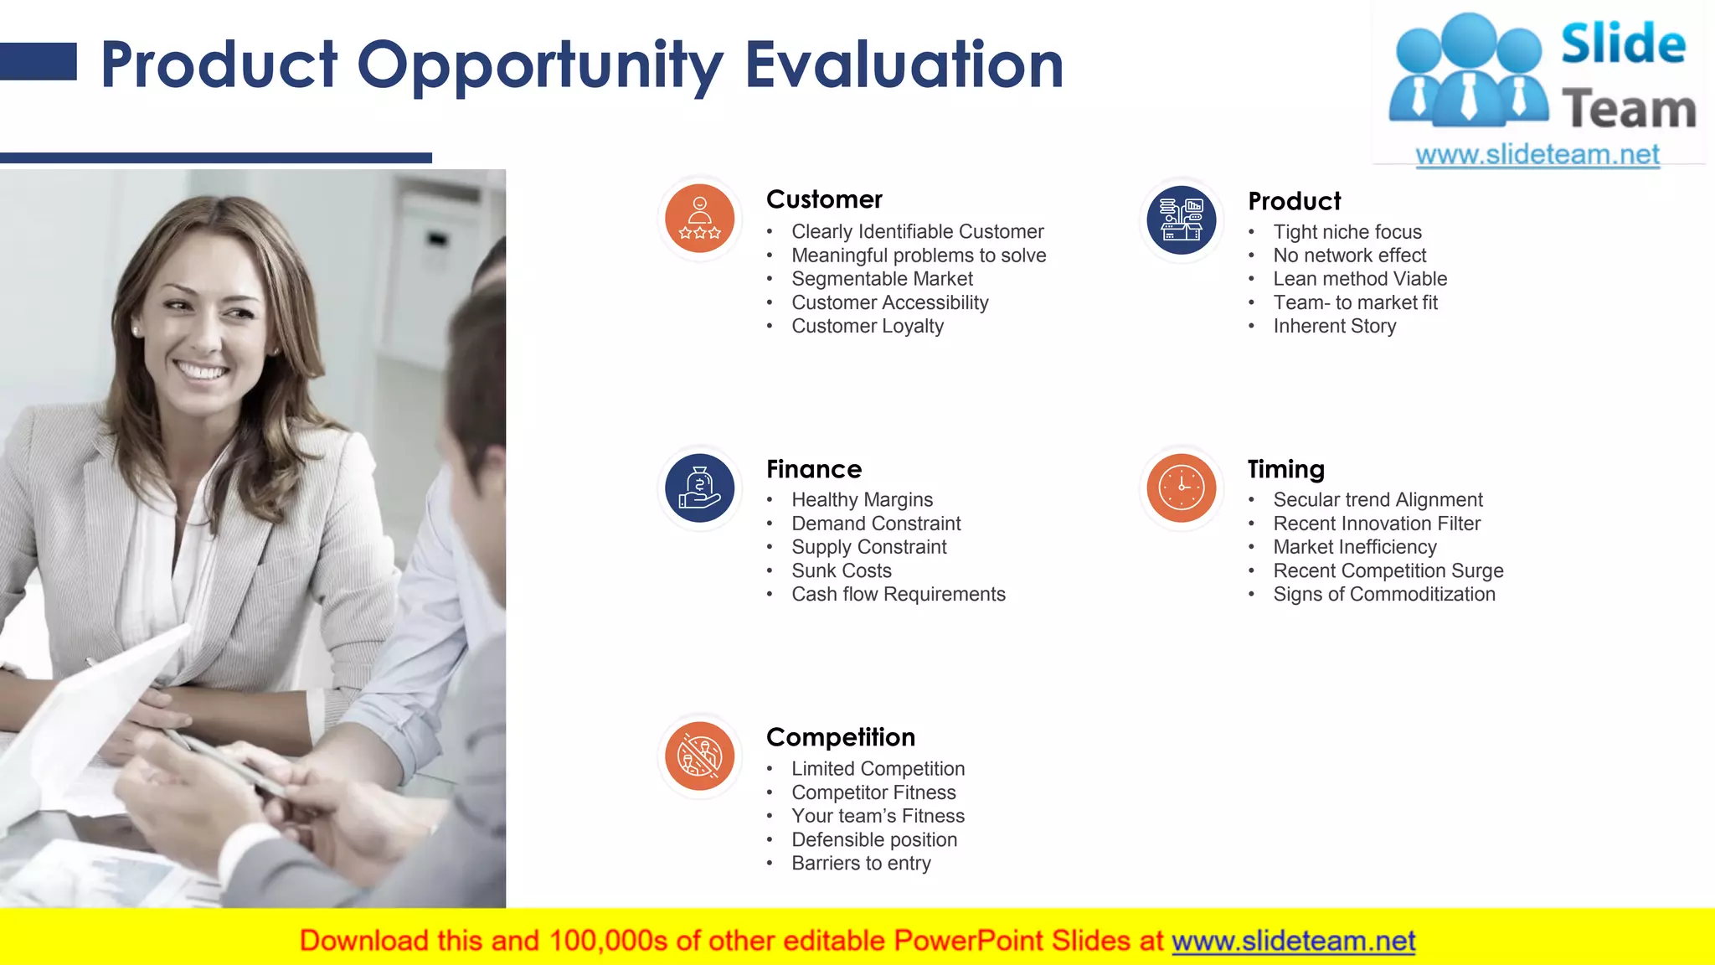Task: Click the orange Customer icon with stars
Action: point(699,219)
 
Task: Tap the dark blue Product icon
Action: point(1181,219)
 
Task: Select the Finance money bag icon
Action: point(699,488)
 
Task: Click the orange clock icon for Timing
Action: point(1181,488)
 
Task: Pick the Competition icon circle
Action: point(699,756)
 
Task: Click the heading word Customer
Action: point(824,199)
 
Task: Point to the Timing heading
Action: point(1285,469)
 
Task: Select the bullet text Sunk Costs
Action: point(841,570)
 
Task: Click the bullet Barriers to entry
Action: point(861,863)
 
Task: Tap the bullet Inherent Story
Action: point(1334,326)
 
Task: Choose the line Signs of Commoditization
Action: point(1383,594)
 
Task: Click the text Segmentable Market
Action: point(882,279)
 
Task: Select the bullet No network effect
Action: point(1349,255)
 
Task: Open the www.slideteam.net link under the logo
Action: point(1537,155)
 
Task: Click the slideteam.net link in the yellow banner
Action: point(1293,941)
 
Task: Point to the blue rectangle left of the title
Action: point(38,62)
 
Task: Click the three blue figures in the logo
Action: point(1467,71)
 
